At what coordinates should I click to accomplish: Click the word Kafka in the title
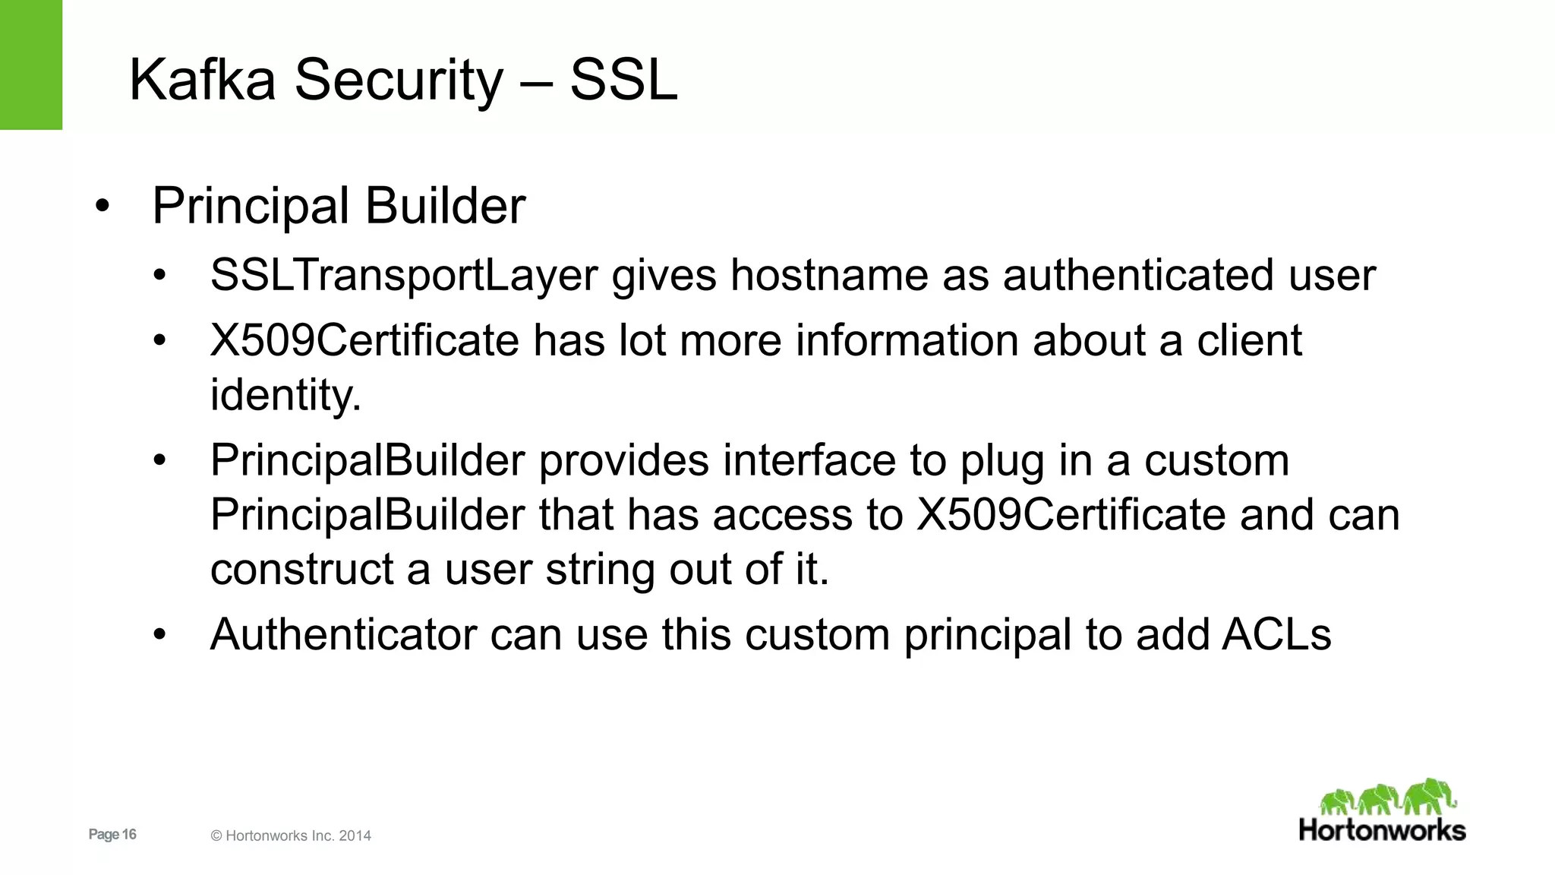pos(202,80)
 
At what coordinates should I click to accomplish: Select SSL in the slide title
pos(623,80)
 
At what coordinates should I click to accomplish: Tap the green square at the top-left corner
pos(30,65)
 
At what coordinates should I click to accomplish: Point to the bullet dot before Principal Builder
pos(103,206)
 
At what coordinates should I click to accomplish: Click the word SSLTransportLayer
pos(404,275)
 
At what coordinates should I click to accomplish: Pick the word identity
pos(285,395)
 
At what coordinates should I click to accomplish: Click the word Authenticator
pos(343,634)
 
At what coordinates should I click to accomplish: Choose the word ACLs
pos(1276,634)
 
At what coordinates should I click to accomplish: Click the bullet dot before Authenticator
pos(159,634)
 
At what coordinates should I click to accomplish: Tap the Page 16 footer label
pos(112,834)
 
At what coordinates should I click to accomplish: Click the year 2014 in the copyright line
pos(355,836)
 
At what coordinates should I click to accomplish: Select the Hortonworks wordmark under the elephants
pos(1382,829)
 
